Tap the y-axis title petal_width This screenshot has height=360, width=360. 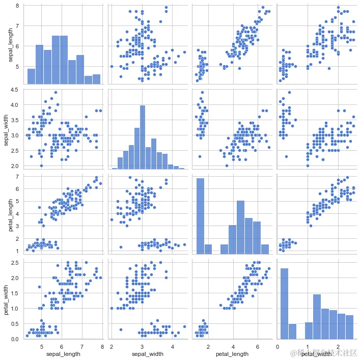pos(7,300)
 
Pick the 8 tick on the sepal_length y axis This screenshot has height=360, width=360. pos(17,6)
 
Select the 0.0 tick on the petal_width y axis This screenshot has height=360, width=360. pos(15,339)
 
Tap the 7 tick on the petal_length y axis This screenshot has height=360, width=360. pos(17,176)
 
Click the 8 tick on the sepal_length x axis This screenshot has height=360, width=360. pos(102,346)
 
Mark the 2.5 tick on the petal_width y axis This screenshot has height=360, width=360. pos(15,263)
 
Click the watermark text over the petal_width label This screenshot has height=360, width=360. pos(324,353)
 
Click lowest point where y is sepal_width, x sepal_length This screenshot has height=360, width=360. pos(41,165)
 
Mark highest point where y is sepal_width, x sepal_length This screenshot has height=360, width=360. pos(56,93)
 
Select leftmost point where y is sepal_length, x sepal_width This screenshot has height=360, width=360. pos(112,66)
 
